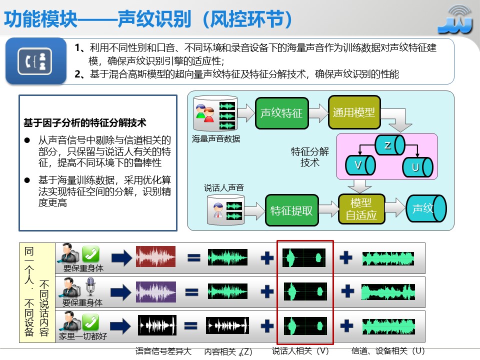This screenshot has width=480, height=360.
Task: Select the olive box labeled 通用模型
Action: [x=354, y=112]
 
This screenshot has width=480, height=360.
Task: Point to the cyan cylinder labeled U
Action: [x=417, y=167]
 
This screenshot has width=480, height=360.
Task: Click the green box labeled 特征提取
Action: [x=291, y=210]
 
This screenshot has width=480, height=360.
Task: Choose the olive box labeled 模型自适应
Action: [x=361, y=209]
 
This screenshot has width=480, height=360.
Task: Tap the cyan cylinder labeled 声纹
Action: [x=425, y=208]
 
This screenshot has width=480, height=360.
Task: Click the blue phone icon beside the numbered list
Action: [x=35, y=60]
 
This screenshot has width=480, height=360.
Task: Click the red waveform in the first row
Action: [x=155, y=257]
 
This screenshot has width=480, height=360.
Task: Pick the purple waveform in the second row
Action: [x=155, y=291]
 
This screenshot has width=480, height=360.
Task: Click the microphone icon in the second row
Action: [x=90, y=288]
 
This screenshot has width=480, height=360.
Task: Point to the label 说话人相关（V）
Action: [x=300, y=351]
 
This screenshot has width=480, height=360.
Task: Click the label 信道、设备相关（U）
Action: [x=388, y=351]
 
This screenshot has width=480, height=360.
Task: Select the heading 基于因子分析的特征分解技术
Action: [x=85, y=122]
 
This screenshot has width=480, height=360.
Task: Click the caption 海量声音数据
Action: [x=216, y=139]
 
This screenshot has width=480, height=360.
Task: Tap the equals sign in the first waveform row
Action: [x=193, y=257]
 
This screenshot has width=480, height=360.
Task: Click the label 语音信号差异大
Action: [x=163, y=351]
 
